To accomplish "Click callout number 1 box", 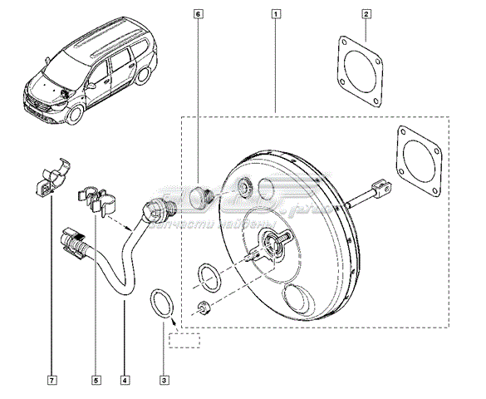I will point(275,13).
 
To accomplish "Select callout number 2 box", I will point(367,13).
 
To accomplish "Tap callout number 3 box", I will point(164,381).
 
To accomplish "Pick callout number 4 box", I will point(124,381).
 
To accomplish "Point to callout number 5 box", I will point(95,381).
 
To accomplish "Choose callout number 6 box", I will point(197,13).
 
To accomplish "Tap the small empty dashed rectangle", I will point(185,339).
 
